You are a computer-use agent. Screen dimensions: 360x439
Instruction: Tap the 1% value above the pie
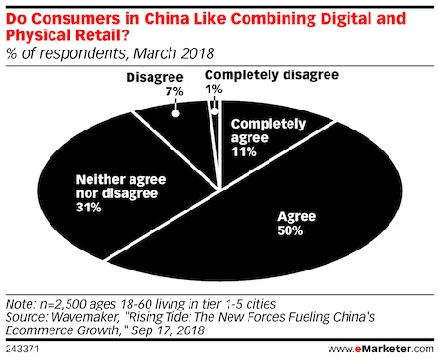point(213,89)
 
